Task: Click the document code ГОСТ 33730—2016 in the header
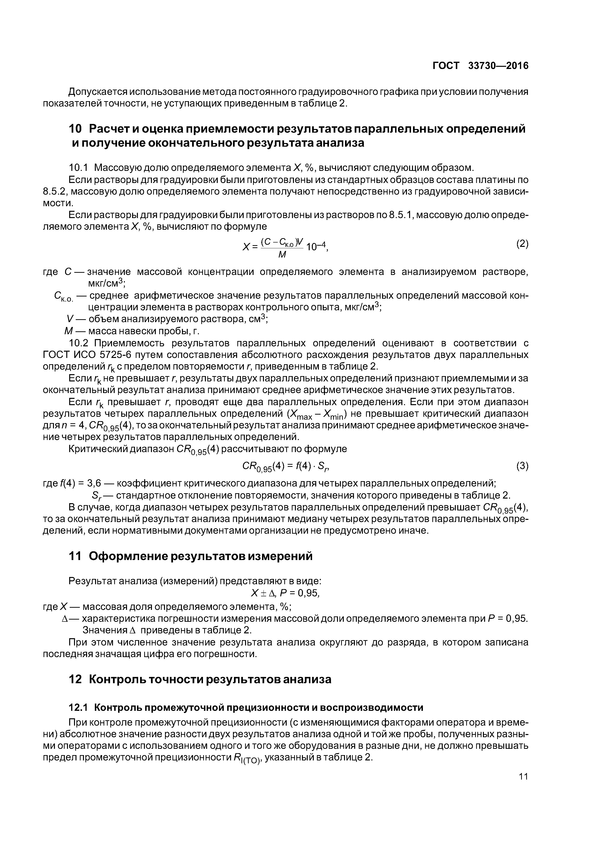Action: pos(480,66)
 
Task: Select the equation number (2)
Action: pos(522,244)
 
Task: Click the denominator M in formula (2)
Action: pos(282,255)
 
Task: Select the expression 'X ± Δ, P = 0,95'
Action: pos(285,593)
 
